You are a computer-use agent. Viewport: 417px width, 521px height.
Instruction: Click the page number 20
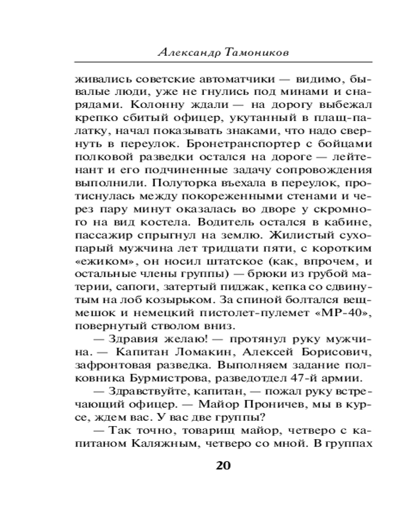click(223, 465)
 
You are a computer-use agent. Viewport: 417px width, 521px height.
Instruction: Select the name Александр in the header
click(188, 53)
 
